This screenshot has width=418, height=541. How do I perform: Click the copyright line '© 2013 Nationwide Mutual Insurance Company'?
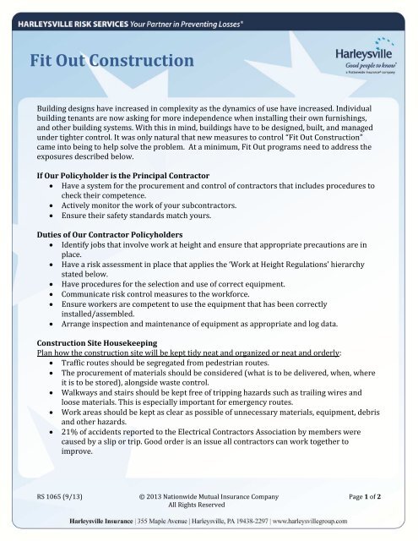tap(208, 493)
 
